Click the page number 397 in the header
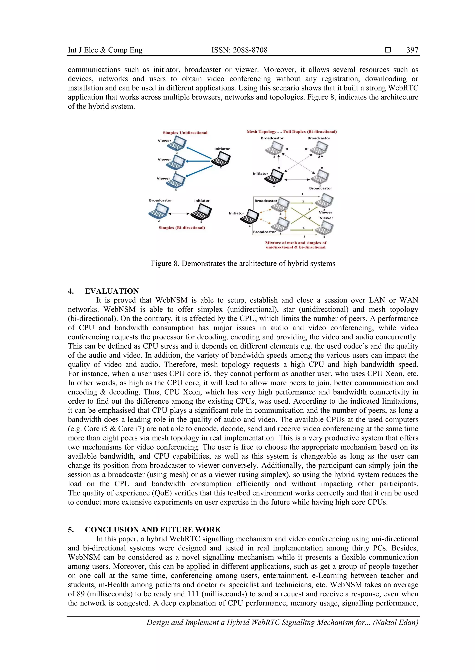click(x=412, y=50)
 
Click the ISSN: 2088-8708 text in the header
click(x=239, y=50)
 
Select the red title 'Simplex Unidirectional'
click(x=185, y=133)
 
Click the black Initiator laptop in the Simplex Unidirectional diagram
click(x=221, y=160)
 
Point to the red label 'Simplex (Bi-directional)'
click(x=182, y=228)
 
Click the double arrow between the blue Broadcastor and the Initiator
click(x=179, y=214)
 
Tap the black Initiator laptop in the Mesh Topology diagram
click(x=274, y=177)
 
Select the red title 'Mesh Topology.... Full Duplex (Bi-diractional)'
click(x=292, y=132)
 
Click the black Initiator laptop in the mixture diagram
click(x=250, y=217)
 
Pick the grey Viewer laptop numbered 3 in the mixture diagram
click(x=324, y=201)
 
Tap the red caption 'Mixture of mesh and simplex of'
click(x=295, y=243)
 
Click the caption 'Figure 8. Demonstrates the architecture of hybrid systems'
click(x=243, y=264)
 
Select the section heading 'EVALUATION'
click(x=112, y=291)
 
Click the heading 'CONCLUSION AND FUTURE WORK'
click(x=153, y=530)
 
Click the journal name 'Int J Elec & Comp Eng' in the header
click(x=105, y=50)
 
